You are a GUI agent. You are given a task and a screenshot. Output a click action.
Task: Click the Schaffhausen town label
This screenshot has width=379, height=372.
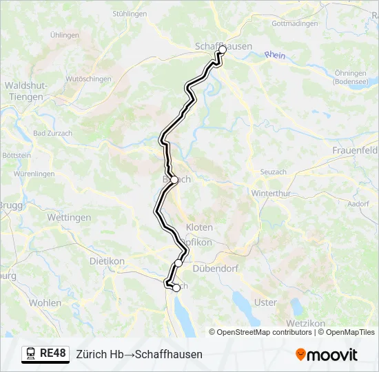[224, 46]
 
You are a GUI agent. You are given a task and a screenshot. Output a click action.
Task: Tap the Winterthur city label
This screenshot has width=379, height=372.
[272, 194]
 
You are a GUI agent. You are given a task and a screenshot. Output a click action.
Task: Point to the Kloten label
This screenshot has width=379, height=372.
[199, 227]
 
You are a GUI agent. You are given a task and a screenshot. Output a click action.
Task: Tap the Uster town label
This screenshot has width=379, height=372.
[265, 302]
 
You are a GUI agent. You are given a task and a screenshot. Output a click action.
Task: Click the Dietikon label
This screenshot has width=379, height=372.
[107, 261]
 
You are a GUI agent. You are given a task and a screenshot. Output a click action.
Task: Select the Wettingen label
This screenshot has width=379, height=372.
[69, 217]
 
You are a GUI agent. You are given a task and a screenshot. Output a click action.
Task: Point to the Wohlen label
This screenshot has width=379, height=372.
[45, 302]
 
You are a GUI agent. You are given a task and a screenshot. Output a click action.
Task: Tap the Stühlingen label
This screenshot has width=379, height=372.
[130, 13]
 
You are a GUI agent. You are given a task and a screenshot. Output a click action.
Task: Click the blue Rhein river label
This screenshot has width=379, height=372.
[274, 54]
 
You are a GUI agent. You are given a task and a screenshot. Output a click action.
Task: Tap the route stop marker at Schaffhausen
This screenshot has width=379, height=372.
[222, 50]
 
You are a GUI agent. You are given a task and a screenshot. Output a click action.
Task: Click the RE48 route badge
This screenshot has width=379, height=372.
[45, 354]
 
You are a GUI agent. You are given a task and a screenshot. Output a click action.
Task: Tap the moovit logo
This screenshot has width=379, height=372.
[327, 354]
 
